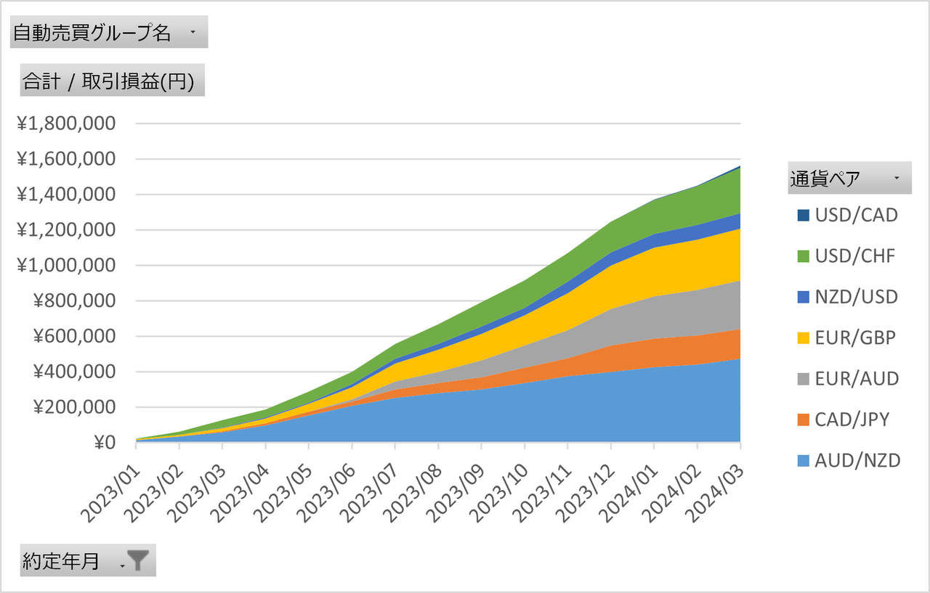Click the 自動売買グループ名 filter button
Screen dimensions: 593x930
coord(109,33)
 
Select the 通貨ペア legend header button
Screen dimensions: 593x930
coord(849,179)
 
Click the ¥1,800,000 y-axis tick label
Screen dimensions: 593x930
coord(66,123)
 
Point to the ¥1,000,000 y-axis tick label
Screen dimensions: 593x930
coord(66,266)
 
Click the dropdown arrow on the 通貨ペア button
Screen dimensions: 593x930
coord(897,179)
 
